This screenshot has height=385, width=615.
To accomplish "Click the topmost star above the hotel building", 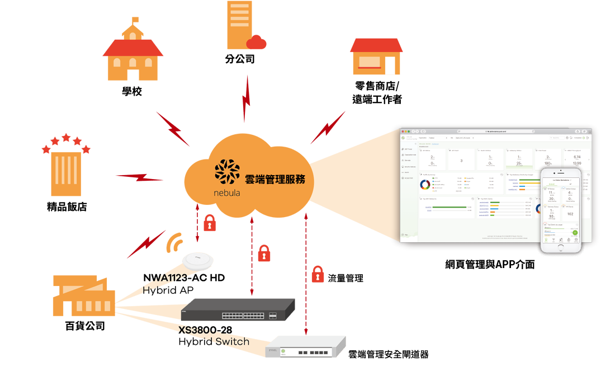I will [66, 137].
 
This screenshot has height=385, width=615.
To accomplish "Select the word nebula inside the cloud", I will [226, 192].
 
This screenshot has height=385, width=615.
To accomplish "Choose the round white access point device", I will [198, 260].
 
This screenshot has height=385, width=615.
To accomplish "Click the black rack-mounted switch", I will [238, 309].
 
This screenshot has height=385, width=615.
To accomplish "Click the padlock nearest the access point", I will [210, 223].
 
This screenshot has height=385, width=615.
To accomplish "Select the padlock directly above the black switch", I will [264, 253].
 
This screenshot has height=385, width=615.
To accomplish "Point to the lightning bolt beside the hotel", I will [140, 177].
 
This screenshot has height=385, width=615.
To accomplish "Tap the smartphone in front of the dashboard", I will [561, 210].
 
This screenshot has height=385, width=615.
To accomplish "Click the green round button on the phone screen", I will [575, 233].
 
